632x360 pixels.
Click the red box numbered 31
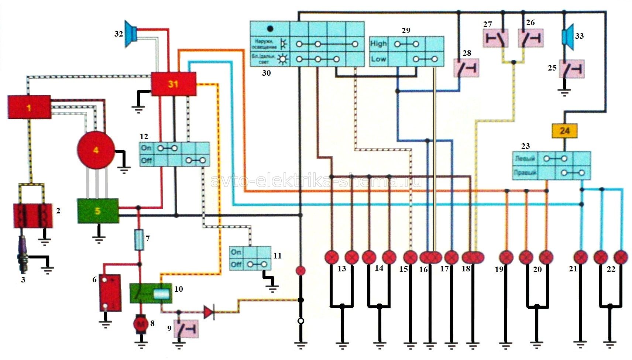[174, 84]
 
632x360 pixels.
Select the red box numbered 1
[29, 107]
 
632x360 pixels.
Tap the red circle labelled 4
[96, 150]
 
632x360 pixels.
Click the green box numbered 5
[98, 211]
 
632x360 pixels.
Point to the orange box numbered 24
[564, 131]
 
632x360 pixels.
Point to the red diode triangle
[209, 312]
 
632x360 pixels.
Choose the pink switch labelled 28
[466, 68]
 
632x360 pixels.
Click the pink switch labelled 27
[495, 38]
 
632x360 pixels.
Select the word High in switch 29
[378, 44]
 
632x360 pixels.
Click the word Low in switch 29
[378, 59]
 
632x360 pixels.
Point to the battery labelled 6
[110, 292]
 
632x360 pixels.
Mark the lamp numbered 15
[410, 257]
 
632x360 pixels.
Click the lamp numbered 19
[506, 257]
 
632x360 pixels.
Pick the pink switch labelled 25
[571, 69]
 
